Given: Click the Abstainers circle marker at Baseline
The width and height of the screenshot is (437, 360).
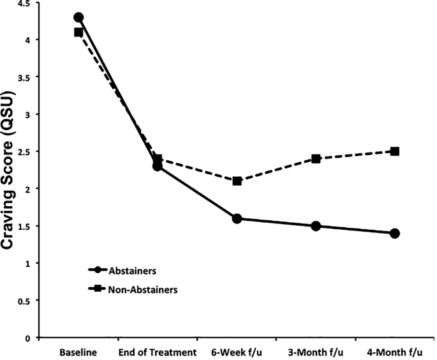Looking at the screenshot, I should pos(78,17).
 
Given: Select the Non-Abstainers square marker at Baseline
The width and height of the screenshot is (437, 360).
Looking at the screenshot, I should pos(78,32).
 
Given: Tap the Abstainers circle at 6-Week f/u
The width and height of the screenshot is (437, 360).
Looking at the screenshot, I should pos(237,218).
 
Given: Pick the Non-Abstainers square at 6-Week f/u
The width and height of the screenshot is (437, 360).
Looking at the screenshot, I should pos(237,181).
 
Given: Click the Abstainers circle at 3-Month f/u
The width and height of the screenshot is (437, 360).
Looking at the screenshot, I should pos(316,226).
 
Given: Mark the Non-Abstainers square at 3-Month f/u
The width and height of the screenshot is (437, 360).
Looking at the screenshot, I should pos(316,159).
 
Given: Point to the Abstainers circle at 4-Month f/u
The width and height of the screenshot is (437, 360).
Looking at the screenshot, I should pos(395,233).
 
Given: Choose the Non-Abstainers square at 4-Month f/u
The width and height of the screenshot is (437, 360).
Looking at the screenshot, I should pos(395,151).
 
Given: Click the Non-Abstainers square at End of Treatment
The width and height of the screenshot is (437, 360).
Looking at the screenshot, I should pos(158,159).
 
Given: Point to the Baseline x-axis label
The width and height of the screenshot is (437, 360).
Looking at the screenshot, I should pos(78,351).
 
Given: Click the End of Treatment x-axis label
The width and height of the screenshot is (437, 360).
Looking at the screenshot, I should pos(157,351).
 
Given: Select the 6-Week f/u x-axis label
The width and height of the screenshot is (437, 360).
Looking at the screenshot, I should pos(237,351).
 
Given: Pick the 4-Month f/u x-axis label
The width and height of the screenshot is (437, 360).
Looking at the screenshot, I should pos(395,351).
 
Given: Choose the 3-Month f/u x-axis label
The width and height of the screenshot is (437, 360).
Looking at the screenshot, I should pos(316,351).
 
